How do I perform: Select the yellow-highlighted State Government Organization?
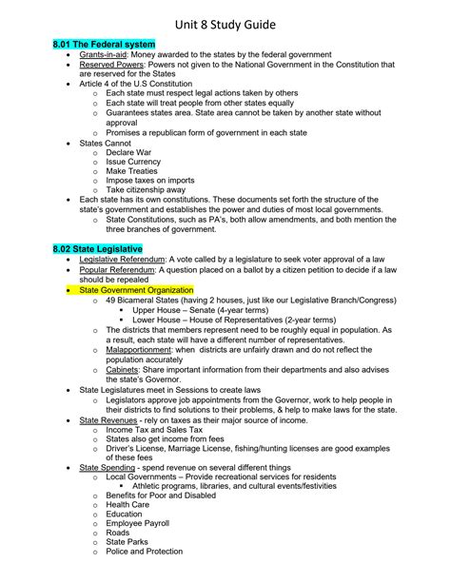(x=136, y=289)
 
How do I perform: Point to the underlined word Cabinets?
(x=125, y=370)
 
